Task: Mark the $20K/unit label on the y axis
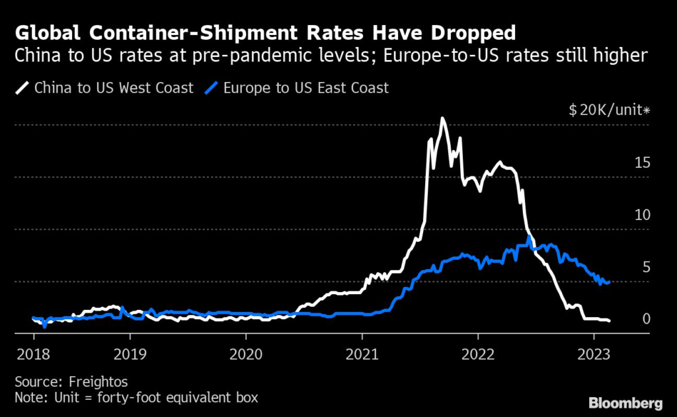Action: click(x=609, y=110)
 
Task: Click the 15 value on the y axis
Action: click(x=641, y=163)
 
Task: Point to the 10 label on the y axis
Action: click(x=641, y=215)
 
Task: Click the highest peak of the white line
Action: click(x=442, y=119)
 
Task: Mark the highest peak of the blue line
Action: click(x=530, y=237)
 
